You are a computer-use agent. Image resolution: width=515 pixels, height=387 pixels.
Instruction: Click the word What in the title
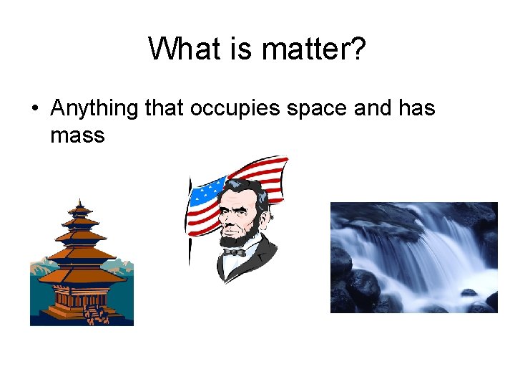pos(180,49)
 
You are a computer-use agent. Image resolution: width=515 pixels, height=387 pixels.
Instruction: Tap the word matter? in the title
pos(313,49)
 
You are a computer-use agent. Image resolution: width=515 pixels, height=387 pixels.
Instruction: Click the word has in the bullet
pos(416,109)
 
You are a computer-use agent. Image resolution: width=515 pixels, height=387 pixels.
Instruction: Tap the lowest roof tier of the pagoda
pos(80,277)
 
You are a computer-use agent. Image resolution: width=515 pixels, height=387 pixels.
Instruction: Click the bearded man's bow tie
pos(234,252)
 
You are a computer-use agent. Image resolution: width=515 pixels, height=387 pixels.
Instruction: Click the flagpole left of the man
pos(190,236)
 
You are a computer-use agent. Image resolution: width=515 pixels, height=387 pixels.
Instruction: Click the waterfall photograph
pos(413,257)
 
